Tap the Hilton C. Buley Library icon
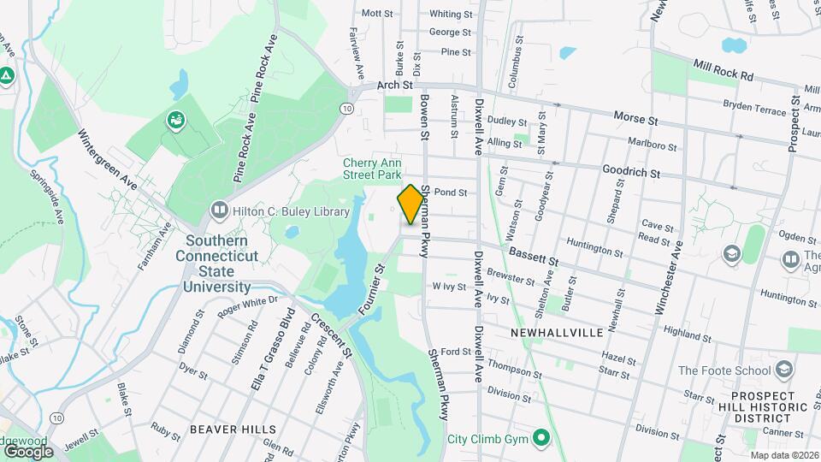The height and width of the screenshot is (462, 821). tap(220, 210)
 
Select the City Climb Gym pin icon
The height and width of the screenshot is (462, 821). tap(540, 440)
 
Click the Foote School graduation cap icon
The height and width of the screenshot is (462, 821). tap(783, 370)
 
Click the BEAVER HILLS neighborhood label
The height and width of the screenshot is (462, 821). tap(233, 429)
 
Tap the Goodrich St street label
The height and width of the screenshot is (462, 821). tap(631, 172)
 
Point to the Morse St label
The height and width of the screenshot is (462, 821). tap(635, 115)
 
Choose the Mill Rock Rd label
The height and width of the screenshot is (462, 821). tap(724, 70)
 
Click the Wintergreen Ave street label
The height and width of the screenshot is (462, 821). tap(107, 159)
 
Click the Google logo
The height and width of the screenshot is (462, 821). tap(27, 451)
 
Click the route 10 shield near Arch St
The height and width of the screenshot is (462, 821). tap(346, 109)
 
